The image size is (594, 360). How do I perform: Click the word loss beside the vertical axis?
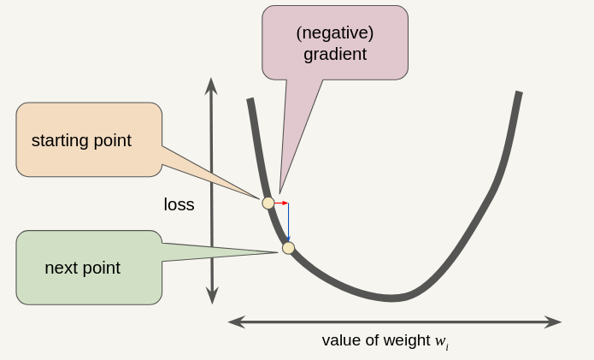(179, 205)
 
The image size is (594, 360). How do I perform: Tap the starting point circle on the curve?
(268, 203)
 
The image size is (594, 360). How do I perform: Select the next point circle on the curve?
(288, 248)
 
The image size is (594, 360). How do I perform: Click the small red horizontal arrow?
(281, 203)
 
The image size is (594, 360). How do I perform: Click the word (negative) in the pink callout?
(335, 32)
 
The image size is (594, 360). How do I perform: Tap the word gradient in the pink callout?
(335, 54)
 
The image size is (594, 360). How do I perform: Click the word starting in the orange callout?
(59, 140)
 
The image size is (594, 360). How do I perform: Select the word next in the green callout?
(61, 268)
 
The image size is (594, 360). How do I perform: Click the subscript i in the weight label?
(446, 346)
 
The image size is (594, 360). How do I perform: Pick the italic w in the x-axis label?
(439, 340)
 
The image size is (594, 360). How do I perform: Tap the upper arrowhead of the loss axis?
(211, 85)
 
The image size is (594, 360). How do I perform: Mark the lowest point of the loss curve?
(391, 298)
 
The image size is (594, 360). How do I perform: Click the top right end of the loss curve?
(518, 94)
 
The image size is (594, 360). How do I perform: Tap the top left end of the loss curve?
(250, 101)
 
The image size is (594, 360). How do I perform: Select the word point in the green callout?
(102, 268)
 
